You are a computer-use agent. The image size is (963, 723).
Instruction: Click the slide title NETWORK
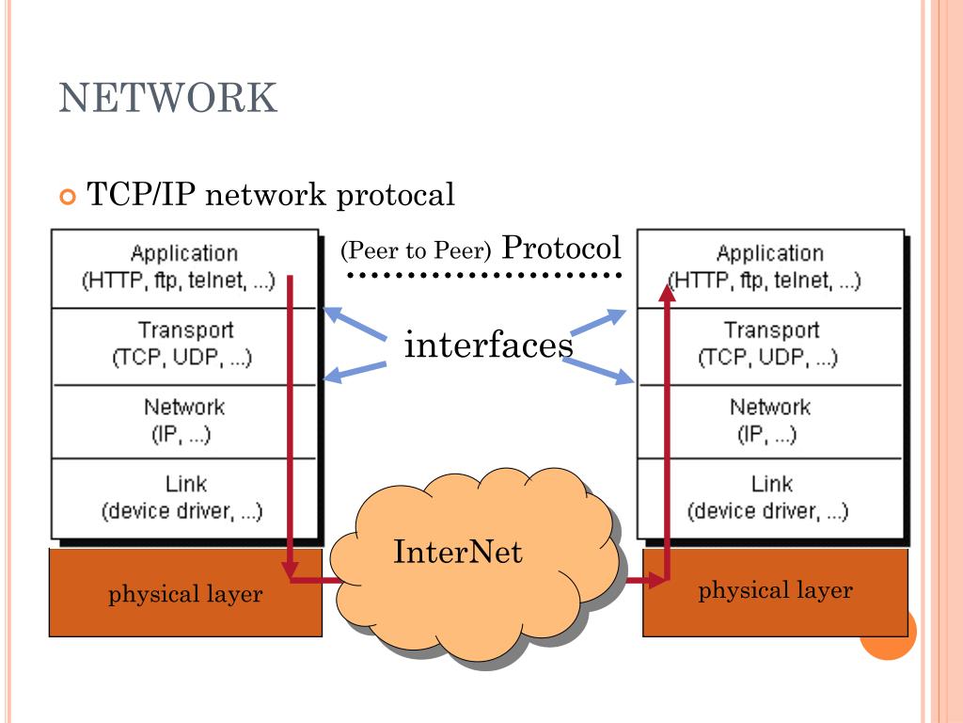point(168,98)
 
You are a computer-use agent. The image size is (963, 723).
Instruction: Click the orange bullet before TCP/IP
point(66,197)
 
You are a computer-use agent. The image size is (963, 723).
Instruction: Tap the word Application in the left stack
point(184,253)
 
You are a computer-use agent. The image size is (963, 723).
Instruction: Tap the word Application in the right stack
point(770,253)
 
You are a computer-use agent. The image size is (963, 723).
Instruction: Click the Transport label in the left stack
point(186,330)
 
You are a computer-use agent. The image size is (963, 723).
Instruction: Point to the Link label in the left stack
point(186,484)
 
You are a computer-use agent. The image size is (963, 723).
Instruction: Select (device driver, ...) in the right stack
point(768,511)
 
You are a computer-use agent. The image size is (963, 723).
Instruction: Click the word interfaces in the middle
point(488,345)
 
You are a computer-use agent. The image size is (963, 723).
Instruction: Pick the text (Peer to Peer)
point(417,251)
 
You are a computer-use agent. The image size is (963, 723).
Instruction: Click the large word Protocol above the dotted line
point(561,248)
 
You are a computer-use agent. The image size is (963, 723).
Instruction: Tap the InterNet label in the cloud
point(457,551)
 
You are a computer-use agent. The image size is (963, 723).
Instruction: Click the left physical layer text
point(185,594)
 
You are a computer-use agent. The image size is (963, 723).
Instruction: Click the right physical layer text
point(775,590)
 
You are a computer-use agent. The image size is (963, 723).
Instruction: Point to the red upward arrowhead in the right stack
point(667,292)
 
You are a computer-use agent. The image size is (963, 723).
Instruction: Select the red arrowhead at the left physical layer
point(290,570)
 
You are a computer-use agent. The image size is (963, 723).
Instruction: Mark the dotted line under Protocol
point(485,276)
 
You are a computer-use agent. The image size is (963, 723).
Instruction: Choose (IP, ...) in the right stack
point(768,435)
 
